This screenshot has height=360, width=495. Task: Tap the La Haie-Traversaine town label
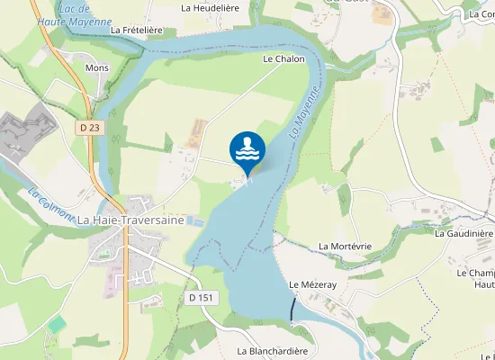point(131,220)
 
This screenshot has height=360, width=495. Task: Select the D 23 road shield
point(89,128)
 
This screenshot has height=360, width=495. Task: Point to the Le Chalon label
point(283,59)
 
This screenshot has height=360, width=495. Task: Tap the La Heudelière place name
point(211,7)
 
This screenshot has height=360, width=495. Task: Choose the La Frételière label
point(136,30)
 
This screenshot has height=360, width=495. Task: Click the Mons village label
point(96,67)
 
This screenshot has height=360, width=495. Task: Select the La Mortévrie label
point(345,246)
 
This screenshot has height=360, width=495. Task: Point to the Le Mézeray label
point(312,283)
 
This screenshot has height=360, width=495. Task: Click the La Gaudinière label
point(463,233)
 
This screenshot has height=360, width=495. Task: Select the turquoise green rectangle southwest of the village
point(58,323)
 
